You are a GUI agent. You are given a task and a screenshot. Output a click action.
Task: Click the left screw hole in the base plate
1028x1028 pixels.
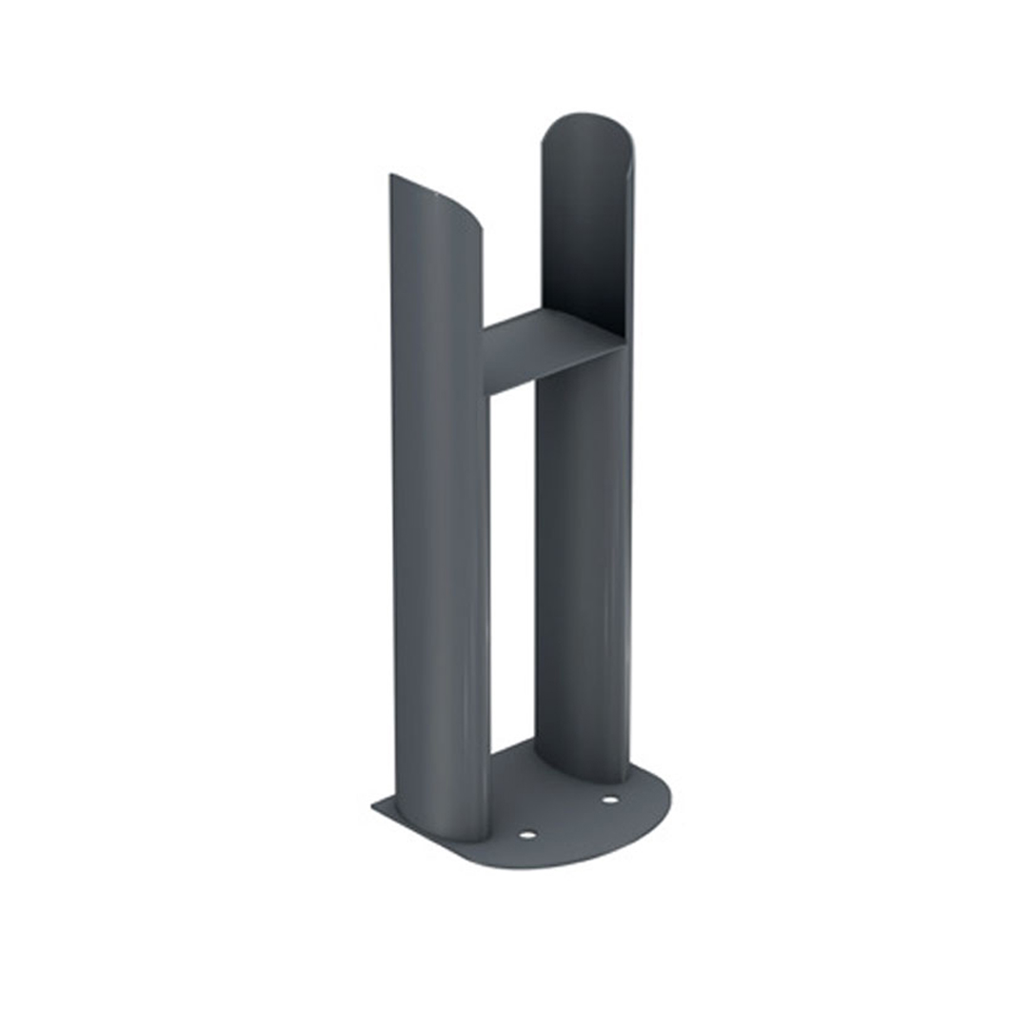(x=527, y=835)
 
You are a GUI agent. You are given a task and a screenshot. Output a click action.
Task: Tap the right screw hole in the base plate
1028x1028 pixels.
(x=609, y=800)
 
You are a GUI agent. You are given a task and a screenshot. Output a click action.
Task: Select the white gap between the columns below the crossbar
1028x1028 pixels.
(x=512, y=571)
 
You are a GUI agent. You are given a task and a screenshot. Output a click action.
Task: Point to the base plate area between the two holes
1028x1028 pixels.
(x=568, y=818)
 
